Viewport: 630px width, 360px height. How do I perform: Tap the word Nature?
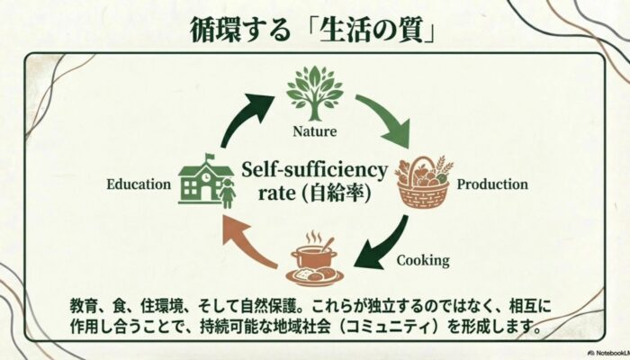click(x=314, y=131)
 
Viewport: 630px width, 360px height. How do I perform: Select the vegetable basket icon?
click(x=423, y=183)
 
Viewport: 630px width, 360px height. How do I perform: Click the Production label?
click(x=491, y=184)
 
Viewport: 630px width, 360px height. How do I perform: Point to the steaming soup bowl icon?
click(x=314, y=260)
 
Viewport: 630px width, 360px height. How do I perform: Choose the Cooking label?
click(x=423, y=261)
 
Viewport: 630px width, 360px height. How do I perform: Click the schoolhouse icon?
click(x=205, y=184)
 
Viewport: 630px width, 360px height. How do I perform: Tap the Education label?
click(x=139, y=184)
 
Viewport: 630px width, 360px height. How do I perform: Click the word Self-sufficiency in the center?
click(x=314, y=169)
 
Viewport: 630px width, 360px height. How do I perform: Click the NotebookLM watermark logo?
click(x=594, y=353)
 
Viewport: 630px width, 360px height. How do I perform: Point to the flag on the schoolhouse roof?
click(x=210, y=157)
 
